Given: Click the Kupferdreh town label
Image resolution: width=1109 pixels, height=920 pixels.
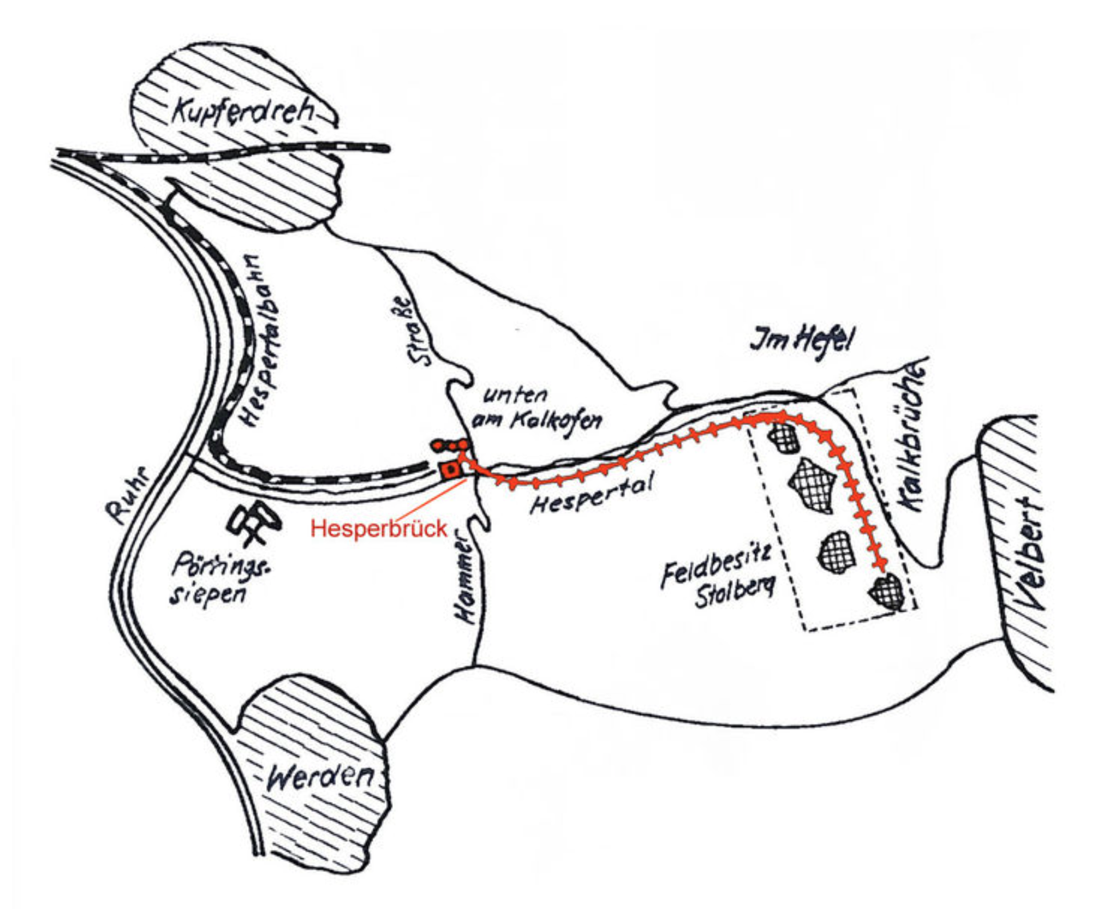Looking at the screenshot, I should pos(242,112).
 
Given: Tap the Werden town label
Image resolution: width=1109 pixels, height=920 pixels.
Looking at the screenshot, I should pos(319,776).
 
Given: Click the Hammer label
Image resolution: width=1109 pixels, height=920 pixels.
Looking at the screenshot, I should pos(462,580).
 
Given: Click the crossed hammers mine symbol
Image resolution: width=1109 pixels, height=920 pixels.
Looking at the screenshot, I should pos(254,524).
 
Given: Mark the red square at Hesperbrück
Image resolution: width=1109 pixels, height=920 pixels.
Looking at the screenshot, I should pos(448,469).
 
